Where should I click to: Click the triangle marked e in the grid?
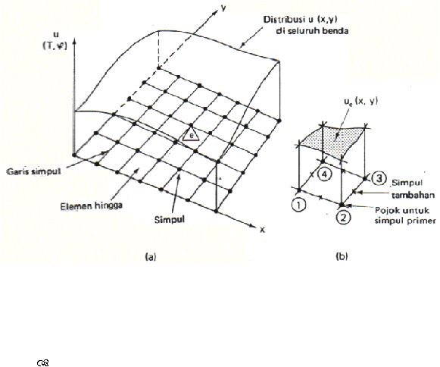point(191,135)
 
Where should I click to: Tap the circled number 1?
point(299,205)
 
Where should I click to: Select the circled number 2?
point(342,217)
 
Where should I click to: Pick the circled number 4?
point(324,174)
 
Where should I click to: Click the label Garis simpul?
point(33,171)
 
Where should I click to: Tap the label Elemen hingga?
point(92,206)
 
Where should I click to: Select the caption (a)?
point(150,256)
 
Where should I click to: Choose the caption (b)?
point(342,256)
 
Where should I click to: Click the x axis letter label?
point(262,230)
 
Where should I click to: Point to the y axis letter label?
point(223,8)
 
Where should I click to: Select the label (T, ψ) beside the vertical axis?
point(55,46)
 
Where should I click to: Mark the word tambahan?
point(413,195)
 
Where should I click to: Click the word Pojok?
point(385,210)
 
